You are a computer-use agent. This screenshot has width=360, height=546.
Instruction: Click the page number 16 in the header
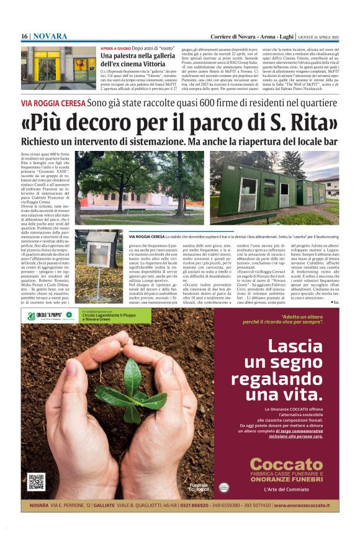point(24,37)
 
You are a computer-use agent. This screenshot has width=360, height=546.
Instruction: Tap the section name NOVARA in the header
point(50,37)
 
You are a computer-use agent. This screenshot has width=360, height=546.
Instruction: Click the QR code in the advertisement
point(36,481)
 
